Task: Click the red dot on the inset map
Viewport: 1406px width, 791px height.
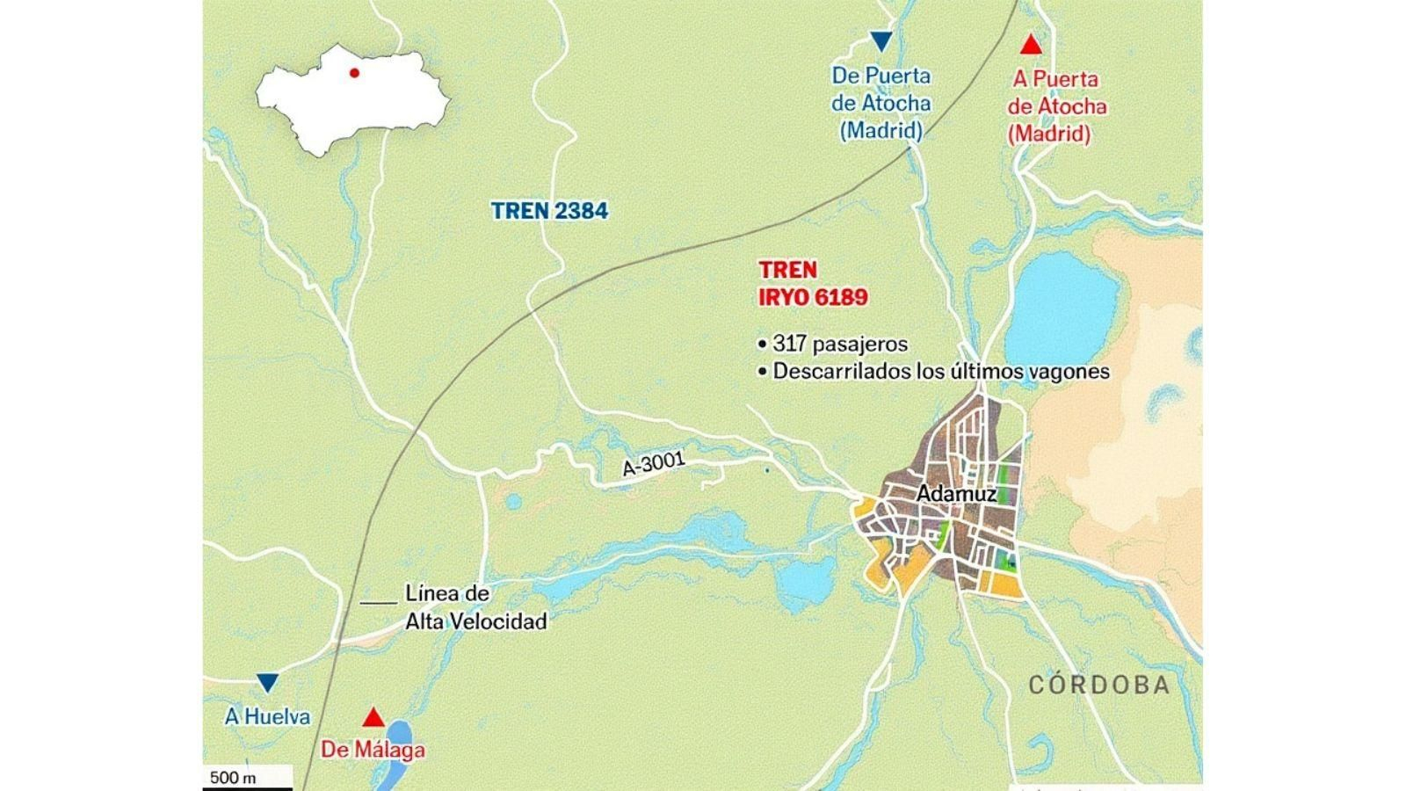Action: tap(354, 73)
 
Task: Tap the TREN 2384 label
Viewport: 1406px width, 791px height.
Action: tap(549, 211)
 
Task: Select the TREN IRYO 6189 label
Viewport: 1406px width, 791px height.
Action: tap(813, 283)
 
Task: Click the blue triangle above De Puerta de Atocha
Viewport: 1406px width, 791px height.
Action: tap(881, 40)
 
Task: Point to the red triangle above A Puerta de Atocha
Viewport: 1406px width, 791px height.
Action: tap(1031, 45)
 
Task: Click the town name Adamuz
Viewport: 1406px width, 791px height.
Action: tap(956, 494)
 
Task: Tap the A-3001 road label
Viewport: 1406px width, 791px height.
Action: tap(653, 463)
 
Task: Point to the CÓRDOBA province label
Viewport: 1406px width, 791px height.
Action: tap(1099, 686)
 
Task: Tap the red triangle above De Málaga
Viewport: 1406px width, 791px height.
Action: tap(373, 717)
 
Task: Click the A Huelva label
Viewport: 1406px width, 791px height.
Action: tap(267, 717)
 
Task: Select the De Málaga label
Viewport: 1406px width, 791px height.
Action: tap(373, 750)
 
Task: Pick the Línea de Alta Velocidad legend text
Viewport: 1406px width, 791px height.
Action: tap(475, 607)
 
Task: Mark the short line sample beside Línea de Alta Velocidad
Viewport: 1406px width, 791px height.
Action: tap(379, 602)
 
